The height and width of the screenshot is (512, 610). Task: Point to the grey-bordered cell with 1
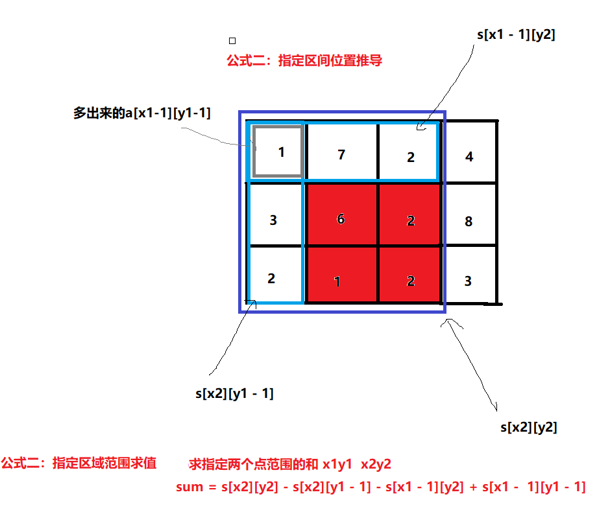click(279, 152)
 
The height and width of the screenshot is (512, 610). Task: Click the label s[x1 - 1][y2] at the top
click(515, 34)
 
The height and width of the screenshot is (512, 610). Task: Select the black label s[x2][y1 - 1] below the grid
click(234, 393)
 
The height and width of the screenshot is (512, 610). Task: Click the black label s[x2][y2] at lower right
click(528, 427)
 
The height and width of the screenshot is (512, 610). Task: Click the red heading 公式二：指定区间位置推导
click(304, 61)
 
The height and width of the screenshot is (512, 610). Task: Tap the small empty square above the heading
click(232, 40)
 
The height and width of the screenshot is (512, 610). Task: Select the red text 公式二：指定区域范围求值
click(79, 463)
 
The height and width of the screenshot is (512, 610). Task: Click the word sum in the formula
click(189, 487)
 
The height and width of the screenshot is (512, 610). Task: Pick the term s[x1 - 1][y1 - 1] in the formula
click(534, 487)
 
